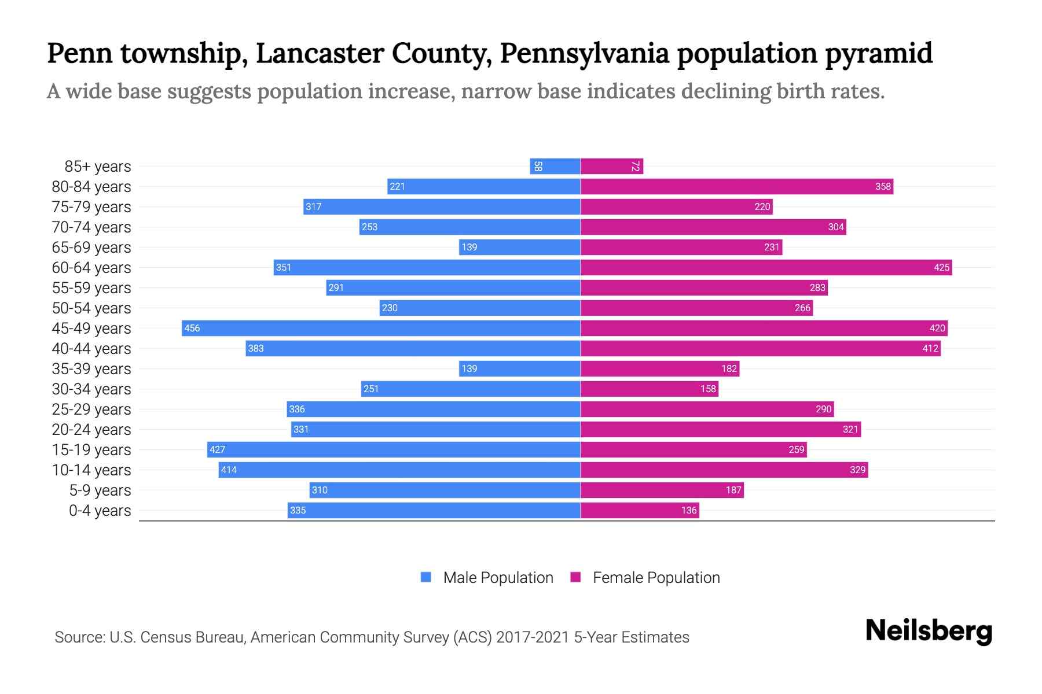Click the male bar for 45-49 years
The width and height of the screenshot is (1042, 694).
381,328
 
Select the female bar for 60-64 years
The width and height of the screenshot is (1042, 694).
766,268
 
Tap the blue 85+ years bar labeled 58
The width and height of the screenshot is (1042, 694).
555,167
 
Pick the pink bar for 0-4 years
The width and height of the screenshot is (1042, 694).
640,511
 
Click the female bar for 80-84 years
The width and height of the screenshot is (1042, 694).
736,187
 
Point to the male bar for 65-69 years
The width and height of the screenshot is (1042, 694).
520,248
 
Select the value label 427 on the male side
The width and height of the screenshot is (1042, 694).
218,450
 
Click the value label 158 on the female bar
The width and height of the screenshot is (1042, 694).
708,389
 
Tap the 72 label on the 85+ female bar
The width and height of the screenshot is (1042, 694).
635,167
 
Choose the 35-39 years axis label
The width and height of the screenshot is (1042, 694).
91,369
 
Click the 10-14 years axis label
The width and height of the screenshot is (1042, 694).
91,470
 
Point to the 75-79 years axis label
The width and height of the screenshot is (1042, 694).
91,207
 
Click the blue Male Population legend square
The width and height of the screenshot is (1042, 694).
426,577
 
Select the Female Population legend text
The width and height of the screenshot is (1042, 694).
656,578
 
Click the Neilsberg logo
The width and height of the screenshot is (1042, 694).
929,631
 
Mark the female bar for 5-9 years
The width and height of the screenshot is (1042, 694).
662,490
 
